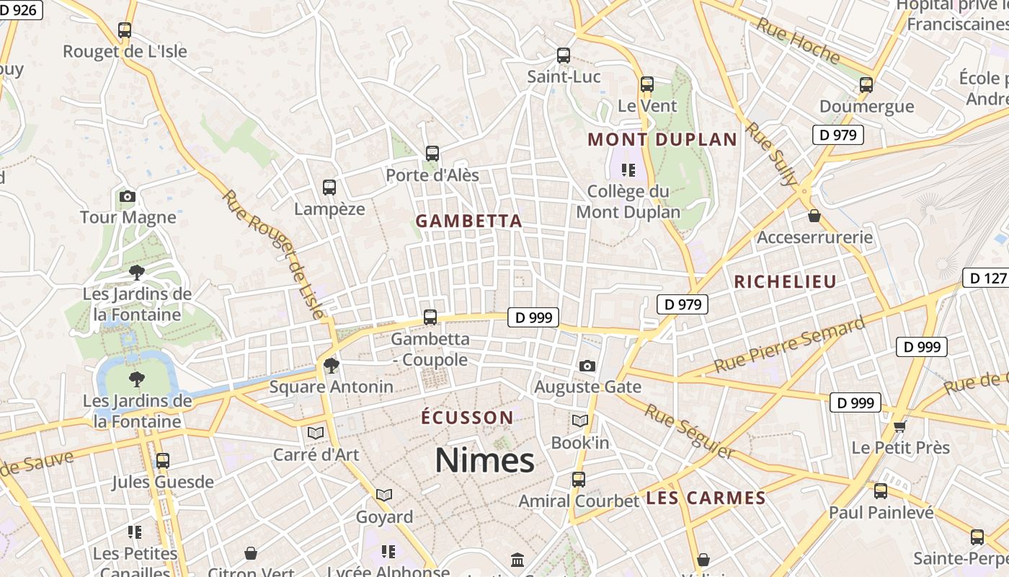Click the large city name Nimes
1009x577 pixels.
pyautogui.click(x=484, y=460)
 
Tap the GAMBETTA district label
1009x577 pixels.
pyautogui.click(x=469, y=221)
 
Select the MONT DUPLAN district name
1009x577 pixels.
pyautogui.click(x=662, y=139)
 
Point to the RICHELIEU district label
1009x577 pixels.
pyautogui.click(x=785, y=282)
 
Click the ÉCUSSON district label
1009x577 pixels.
pyautogui.click(x=467, y=418)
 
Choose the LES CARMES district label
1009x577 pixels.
pyautogui.click(x=706, y=498)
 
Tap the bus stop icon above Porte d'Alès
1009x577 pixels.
pyautogui.click(x=432, y=153)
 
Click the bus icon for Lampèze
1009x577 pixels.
pyautogui.click(x=329, y=188)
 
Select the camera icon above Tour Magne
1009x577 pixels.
pyautogui.click(x=128, y=196)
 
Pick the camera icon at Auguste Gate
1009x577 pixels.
pyautogui.click(x=587, y=366)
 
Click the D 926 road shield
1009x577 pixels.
pyautogui.click(x=21, y=9)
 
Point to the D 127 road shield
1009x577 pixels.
pyautogui.click(x=986, y=278)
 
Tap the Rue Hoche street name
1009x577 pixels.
pyautogui.click(x=798, y=40)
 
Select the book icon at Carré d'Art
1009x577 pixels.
pyautogui.click(x=315, y=433)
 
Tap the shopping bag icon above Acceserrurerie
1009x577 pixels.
pyautogui.click(x=814, y=216)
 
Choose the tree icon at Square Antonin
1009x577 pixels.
pyautogui.click(x=331, y=366)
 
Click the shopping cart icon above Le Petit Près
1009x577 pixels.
pyautogui.click(x=899, y=426)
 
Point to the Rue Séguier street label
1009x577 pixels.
pyautogui.click(x=689, y=431)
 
